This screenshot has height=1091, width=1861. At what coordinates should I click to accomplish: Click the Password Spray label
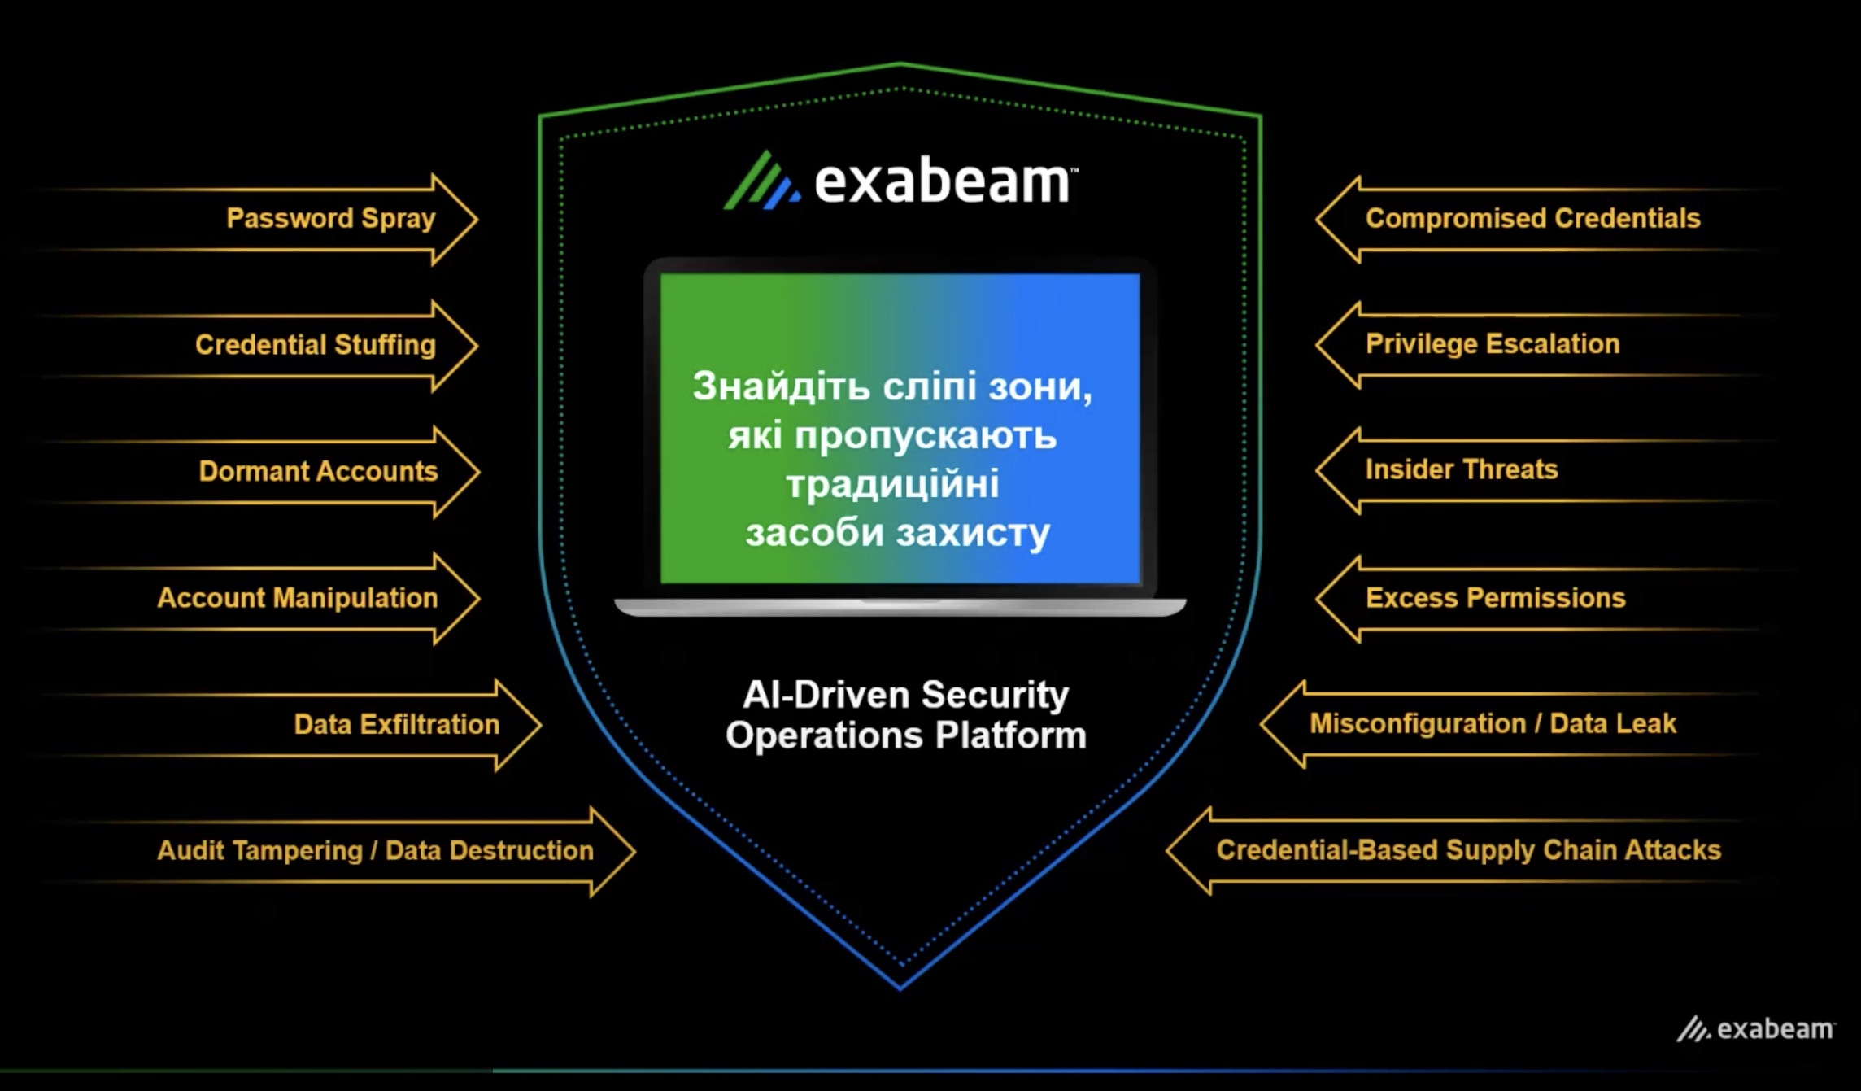pyautogui.click(x=330, y=219)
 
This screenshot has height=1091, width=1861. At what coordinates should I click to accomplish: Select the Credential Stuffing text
pyautogui.click(x=315, y=345)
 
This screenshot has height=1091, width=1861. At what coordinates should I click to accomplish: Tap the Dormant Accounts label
pyautogui.click(x=318, y=472)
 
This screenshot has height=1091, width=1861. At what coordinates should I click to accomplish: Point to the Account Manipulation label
pyautogui.click(x=297, y=599)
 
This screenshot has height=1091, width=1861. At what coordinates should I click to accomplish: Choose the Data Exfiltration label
pyautogui.click(x=396, y=725)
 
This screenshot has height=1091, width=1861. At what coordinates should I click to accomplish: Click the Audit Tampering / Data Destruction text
pyautogui.click(x=375, y=851)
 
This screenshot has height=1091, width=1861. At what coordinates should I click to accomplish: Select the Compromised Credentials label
pyautogui.click(x=1532, y=219)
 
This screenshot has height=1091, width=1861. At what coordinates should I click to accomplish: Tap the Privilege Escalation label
pyautogui.click(x=1493, y=344)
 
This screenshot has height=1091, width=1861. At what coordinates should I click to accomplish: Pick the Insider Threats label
pyautogui.click(x=1462, y=469)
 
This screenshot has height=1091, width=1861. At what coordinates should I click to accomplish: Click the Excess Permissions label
pyautogui.click(x=1495, y=599)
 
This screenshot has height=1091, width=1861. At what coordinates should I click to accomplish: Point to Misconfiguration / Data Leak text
pyautogui.click(x=1493, y=724)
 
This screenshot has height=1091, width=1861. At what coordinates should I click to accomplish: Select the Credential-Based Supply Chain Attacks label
pyautogui.click(x=1468, y=850)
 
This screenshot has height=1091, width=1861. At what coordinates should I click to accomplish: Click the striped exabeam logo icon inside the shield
pyautogui.click(x=760, y=181)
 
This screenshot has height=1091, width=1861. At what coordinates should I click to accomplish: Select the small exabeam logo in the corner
pyautogui.click(x=1755, y=1029)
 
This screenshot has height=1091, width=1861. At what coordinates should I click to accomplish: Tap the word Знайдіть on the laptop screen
pyautogui.click(x=781, y=386)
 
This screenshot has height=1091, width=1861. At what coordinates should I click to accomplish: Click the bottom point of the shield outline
pyautogui.click(x=900, y=987)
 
